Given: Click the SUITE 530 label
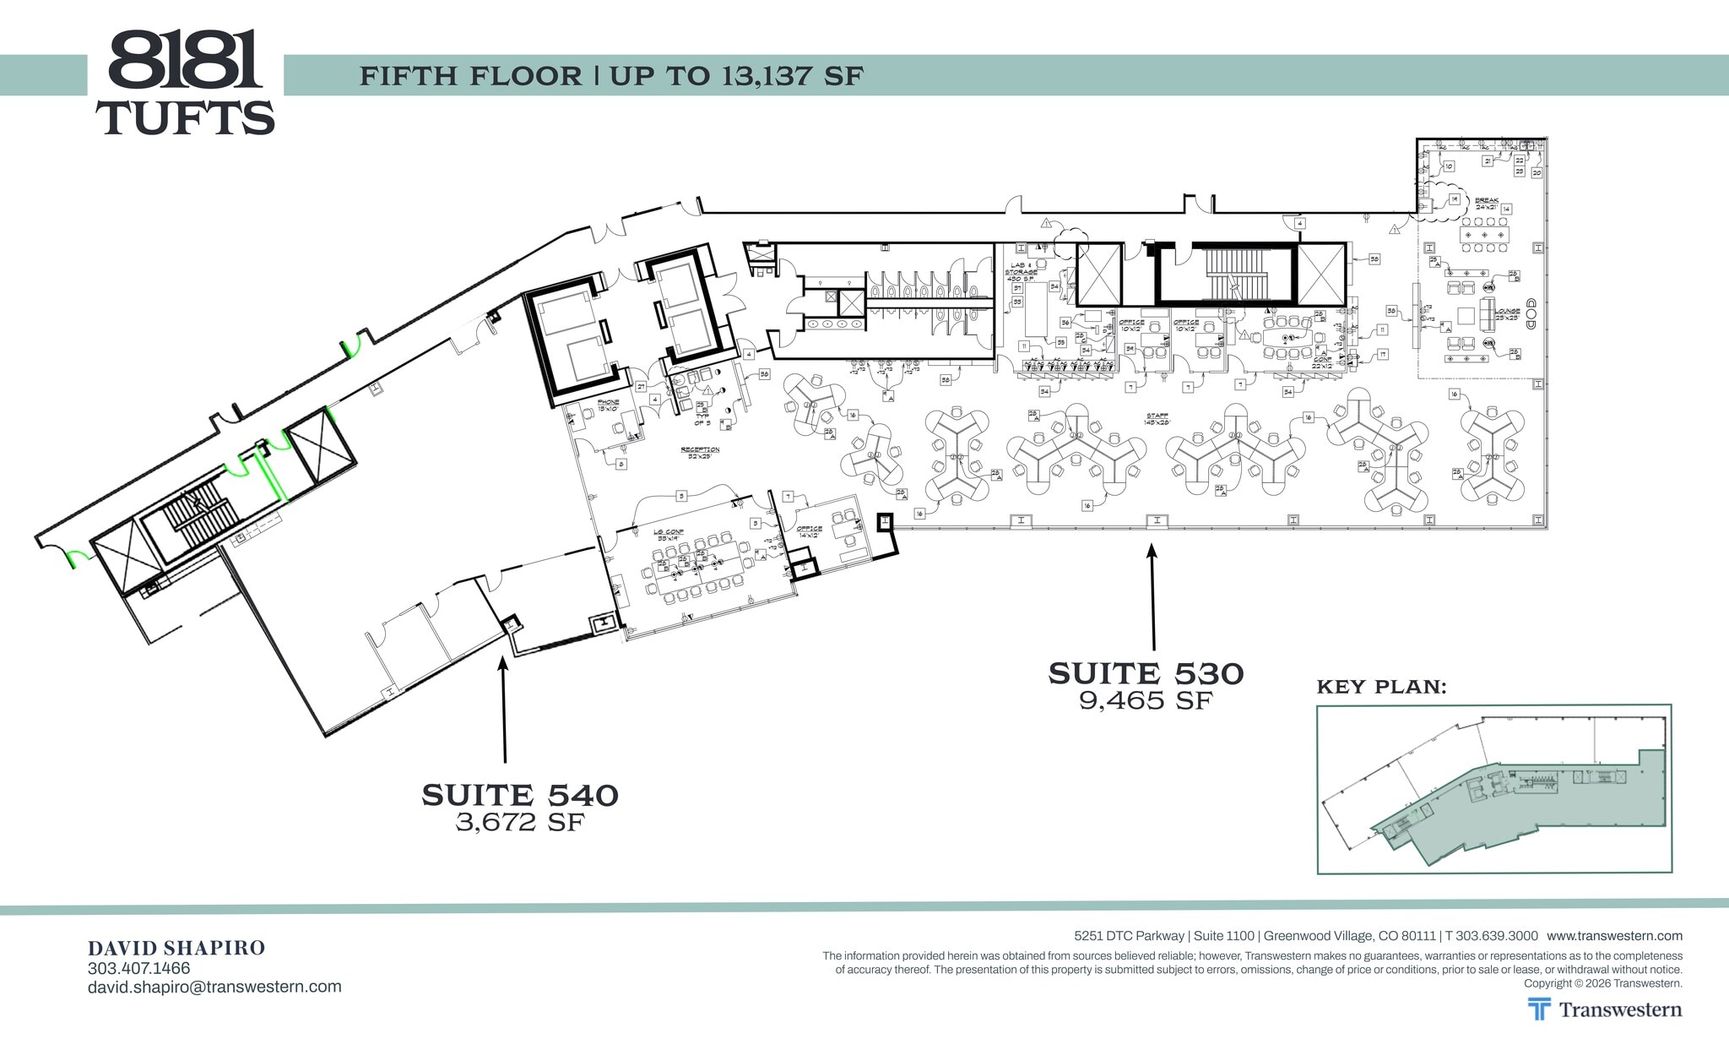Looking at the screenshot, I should [1146, 674].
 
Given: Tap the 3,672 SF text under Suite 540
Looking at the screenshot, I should [520, 822].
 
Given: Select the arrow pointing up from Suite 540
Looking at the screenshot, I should [504, 710].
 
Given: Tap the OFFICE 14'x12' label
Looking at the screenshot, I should [809, 531].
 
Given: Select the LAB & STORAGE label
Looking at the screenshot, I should [1020, 271].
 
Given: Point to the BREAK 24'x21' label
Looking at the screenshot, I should [1486, 204].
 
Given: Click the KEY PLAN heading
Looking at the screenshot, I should [1381, 687].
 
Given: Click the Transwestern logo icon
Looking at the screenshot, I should [1539, 1009].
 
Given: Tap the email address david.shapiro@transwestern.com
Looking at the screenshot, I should [214, 987].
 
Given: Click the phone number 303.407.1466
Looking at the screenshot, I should [138, 968].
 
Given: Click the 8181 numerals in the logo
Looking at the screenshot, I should [184, 61].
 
